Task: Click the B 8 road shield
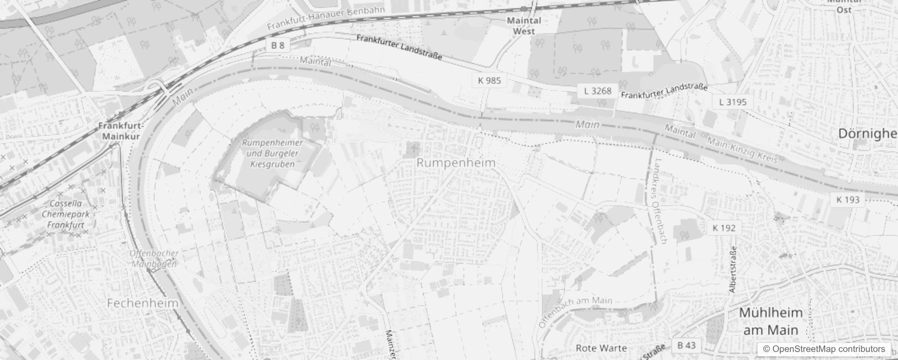click(278, 45)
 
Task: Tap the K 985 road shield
click(489, 81)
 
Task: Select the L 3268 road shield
click(597, 91)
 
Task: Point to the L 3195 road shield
click(732, 102)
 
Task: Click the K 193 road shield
click(848, 200)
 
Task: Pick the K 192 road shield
click(724, 228)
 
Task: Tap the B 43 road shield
click(686, 345)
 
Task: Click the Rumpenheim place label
click(456, 163)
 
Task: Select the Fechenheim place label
click(143, 303)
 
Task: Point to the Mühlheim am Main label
click(771, 321)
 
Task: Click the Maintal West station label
click(524, 26)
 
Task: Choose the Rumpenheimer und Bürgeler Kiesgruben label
click(272, 153)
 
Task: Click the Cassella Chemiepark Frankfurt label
click(66, 214)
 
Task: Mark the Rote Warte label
click(601, 348)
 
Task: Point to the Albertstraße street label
click(733, 270)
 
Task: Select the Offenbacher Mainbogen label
click(154, 259)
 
